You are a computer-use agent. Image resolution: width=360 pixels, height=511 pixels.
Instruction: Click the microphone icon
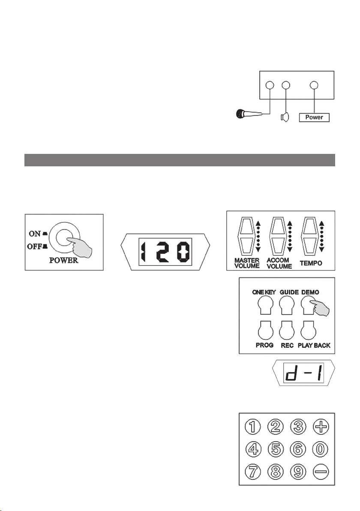point(249,114)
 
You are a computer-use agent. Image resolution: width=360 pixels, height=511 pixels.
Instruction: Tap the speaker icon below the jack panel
point(285,117)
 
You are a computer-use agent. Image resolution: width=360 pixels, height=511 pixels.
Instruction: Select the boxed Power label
point(314,117)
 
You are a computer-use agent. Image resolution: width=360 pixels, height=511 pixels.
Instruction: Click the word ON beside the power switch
point(35,234)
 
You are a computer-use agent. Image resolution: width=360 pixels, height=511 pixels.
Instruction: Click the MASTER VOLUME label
point(247,263)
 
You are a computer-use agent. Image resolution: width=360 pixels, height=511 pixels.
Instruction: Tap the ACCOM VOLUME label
point(279,263)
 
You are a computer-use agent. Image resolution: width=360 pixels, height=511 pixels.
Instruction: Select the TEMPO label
point(311,263)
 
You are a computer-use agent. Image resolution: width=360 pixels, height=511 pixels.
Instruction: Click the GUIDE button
point(287,306)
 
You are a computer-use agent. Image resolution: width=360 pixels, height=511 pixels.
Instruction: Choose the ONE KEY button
point(266,306)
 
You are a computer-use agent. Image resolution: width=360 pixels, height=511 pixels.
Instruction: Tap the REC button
point(287,330)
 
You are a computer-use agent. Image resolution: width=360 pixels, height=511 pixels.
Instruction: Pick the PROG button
point(266,330)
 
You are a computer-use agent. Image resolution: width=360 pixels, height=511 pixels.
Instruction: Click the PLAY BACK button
point(308,330)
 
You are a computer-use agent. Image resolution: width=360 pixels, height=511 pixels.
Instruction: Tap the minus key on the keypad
point(321,472)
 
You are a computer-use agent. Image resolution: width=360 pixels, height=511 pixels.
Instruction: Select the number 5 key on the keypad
point(276,449)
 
